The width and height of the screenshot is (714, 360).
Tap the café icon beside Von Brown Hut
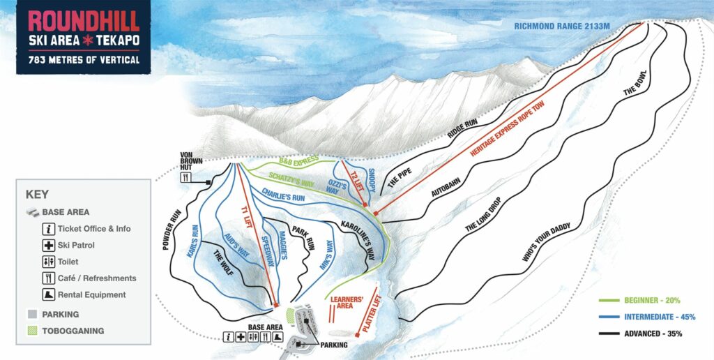pos(185,178)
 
